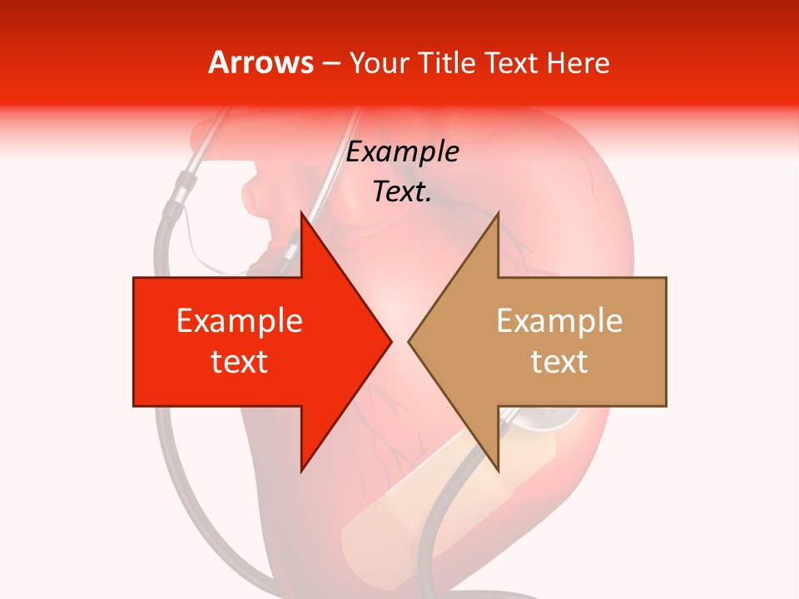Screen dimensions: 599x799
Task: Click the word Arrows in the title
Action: click(x=261, y=63)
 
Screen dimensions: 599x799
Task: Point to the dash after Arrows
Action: click(x=330, y=63)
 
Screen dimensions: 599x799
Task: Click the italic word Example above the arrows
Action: click(x=403, y=152)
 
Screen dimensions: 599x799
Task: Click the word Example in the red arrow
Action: click(x=240, y=321)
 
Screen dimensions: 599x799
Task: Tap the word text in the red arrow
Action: click(x=240, y=362)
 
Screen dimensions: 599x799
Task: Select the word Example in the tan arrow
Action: click(x=559, y=321)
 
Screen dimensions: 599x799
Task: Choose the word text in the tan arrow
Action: click(x=559, y=362)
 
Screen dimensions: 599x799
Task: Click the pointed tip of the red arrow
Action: click(x=390, y=341)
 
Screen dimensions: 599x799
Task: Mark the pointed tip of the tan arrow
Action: click(x=409, y=341)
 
